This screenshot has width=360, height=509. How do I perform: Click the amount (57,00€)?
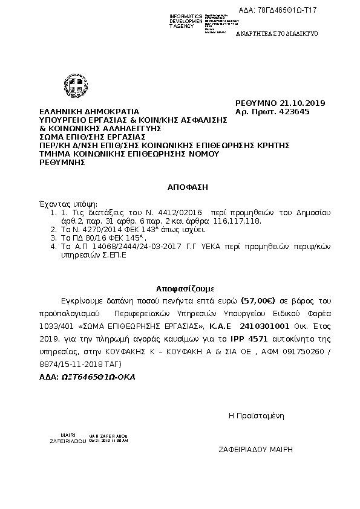point(258,300)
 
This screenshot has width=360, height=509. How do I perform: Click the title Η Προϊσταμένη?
point(256,415)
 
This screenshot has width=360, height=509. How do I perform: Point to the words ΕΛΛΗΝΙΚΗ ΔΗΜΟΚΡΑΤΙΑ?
point(89,111)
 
